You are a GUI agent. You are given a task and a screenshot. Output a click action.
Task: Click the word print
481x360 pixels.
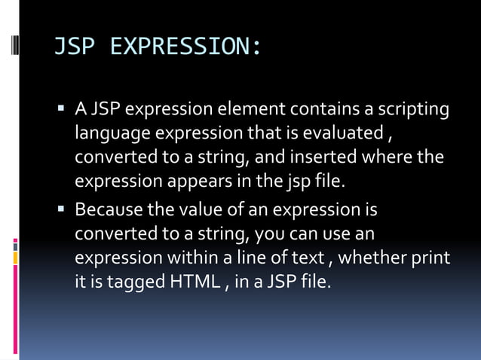coord(432,257)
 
